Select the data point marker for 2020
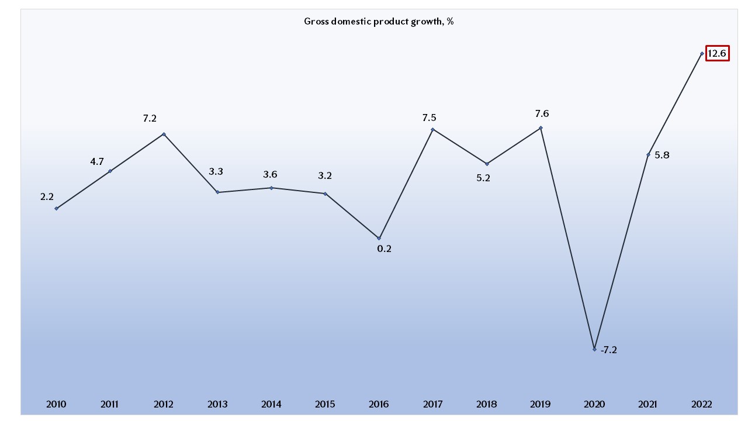[x=594, y=349]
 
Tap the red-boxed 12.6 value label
[x=716, y=54]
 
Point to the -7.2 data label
[x=609, y=350]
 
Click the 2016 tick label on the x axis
[x=379, y=404]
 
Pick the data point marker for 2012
[x=164, y=134]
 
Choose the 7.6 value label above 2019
[x=542, y=114]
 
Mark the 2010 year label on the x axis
[x=56, y=404]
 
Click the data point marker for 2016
[x=379, y=238]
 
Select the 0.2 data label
[x=384, y=249]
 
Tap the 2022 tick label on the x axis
[x=701, y=404]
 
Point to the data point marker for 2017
[x=432, y=129]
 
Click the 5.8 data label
[x=662, y=156]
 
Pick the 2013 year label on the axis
[x=217, y=404]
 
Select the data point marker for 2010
[x=56, y=208]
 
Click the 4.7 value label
[x=97, y=162]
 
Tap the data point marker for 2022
[x=701, y=53]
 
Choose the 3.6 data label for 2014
[x=270, y=174]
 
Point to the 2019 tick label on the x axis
[x=541, y=404]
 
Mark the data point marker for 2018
[x=487, y=164]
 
